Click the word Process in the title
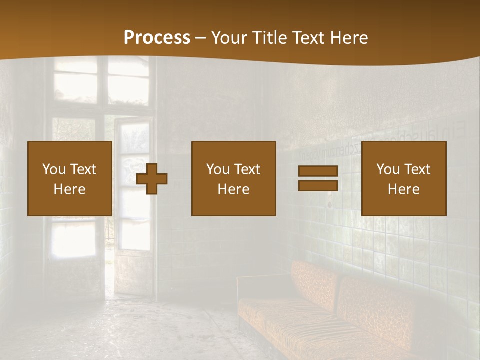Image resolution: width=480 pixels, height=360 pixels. coord(157,38)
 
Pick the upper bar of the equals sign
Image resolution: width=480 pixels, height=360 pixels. coord(318,171)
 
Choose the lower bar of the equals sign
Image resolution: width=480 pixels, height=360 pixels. coord(318,186)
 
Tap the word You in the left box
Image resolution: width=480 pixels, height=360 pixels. coord(54,169)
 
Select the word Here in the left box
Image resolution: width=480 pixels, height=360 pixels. coord(69,189)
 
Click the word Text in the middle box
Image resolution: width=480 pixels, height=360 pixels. coord(247,169)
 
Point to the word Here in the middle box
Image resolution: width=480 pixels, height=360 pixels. coord(233,189)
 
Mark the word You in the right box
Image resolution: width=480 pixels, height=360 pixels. coord(388,169)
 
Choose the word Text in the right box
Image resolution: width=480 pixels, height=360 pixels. coord(417,169)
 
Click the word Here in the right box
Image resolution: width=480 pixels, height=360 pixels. coord(403,189)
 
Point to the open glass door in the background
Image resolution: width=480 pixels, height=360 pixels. coord(131,200)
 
